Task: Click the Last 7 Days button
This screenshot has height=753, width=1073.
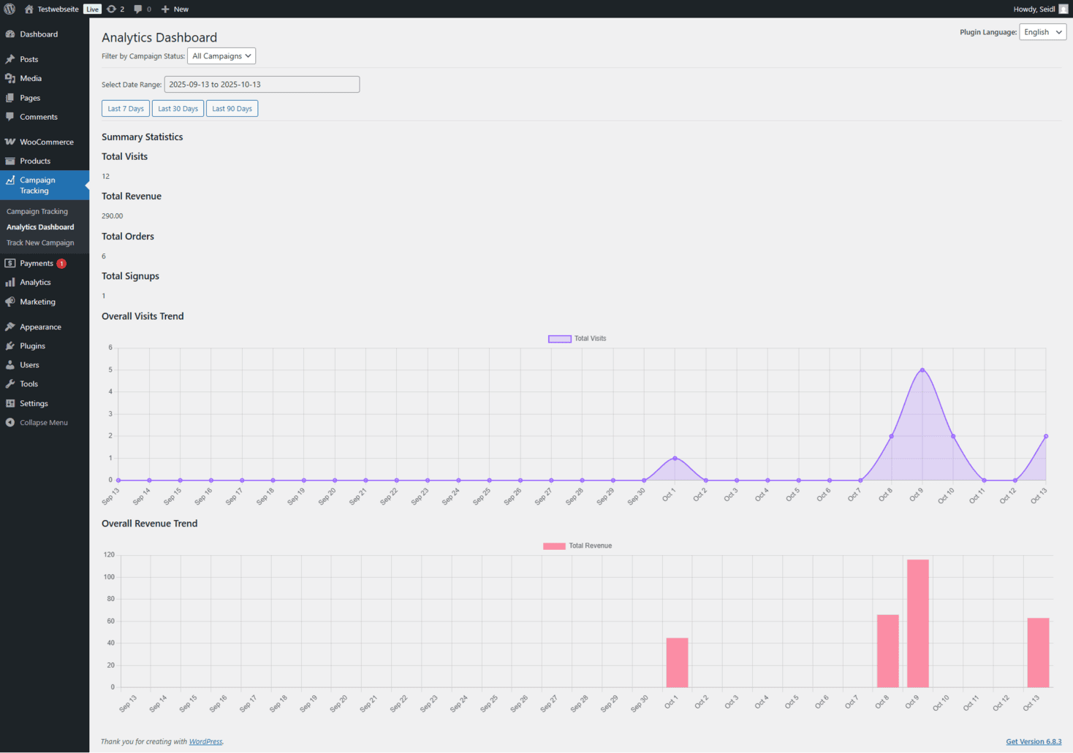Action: pos(126,109)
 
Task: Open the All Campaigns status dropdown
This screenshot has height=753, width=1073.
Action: pos(221,56)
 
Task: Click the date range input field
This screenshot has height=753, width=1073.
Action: pos(262,85)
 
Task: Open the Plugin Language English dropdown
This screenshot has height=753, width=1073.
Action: pos(1042,32)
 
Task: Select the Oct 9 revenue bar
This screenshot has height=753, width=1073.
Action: pos(917,623)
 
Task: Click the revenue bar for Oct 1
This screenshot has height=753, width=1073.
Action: pos(677,662)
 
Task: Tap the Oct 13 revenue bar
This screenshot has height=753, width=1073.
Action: pos(1038,652)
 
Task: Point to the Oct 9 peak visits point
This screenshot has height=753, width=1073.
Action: pos(922,370)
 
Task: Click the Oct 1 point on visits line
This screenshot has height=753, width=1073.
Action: pos(675,458)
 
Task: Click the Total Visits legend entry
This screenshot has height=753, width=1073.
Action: pos(577,339)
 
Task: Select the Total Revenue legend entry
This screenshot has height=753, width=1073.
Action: pos(577,546)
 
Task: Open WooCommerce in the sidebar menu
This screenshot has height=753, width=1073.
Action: pos(46,142)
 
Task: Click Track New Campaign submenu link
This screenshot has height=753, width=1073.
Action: pos(40,242)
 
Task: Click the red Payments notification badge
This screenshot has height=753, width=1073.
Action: pos(61,264)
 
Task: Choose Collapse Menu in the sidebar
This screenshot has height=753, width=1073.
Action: pos(43,422)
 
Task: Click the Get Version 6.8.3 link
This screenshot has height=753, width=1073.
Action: pos(1034,741)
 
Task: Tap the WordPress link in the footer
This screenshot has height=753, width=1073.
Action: pos(205,741)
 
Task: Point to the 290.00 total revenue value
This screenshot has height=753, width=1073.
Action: pos(113,216)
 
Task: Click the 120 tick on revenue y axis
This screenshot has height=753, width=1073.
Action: pos(109,555)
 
